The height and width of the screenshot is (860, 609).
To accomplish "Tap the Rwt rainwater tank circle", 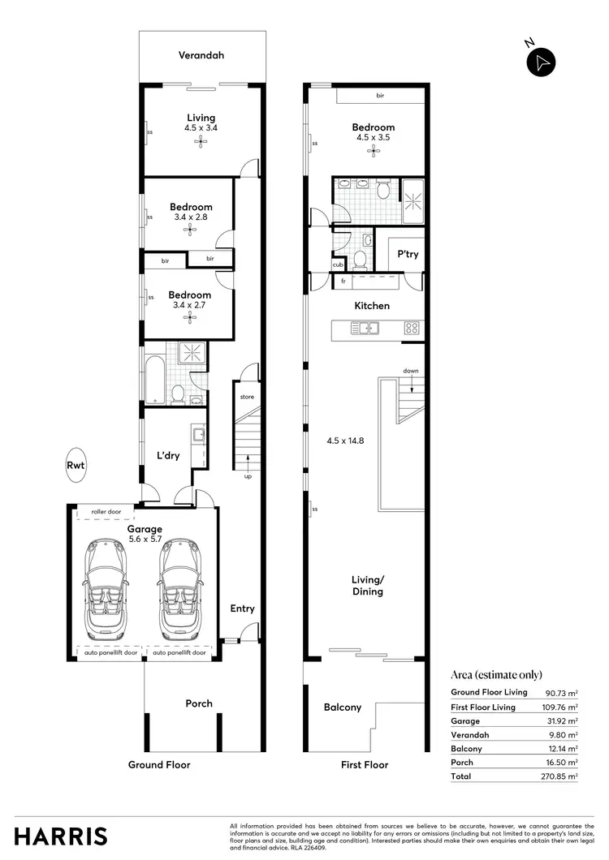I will (x=76, y=465).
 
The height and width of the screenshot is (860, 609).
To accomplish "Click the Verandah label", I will (x=201, y=56).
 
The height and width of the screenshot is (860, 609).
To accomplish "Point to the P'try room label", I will (x=408, y=255).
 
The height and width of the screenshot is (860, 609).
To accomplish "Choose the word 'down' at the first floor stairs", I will (x=411, y=371).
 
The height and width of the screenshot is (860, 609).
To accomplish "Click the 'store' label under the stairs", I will (x=247, y=397).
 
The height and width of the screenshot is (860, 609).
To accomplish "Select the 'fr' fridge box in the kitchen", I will (x=343, y=281).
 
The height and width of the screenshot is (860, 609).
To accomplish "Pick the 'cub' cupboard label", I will (x=337, y=264).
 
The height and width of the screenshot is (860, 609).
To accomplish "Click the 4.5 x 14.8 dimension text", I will (x=343, y=441).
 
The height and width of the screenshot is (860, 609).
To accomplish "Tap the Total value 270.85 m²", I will (x=562, y=776).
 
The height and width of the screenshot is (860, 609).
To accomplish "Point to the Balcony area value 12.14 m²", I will (x=562, y=748).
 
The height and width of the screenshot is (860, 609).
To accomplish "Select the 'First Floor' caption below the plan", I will (x=365, y=764).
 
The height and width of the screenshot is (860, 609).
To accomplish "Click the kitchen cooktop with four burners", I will (x=412, y=329).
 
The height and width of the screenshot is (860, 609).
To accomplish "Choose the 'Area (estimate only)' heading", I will (x=496, y=675).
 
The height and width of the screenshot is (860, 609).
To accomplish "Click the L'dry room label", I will (x=167, y=456).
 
